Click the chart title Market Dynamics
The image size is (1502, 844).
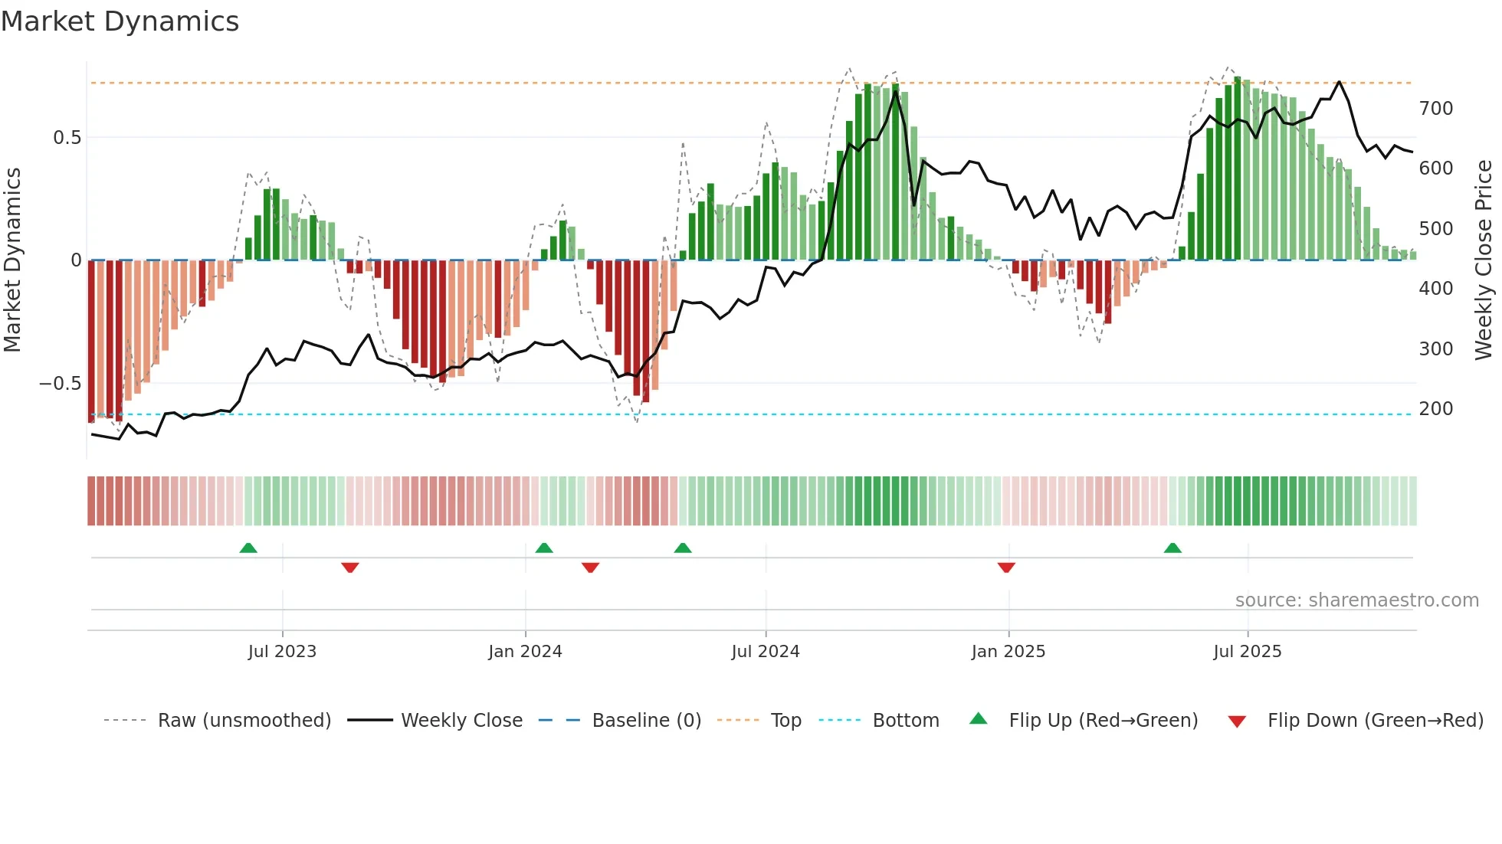click(x=120, y=21)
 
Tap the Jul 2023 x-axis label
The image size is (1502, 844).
click(x=282, y=652)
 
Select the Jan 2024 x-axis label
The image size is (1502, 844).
click(x=525, y=652)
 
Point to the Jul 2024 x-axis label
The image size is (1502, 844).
click(x=765, y=652)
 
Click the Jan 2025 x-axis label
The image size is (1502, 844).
click(x=1008, y=652)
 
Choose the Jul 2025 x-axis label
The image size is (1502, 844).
click(x=1247, y=652)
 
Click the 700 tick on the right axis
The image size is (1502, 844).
click(x=1436, y=109)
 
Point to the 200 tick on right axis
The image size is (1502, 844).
click(x=1436, y=409)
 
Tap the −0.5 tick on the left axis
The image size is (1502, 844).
click(x=60, y=384)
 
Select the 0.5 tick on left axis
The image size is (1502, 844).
click(x=67, y=138)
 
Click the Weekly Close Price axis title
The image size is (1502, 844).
click(x=1484, y=260)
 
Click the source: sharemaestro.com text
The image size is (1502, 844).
click(x=1356, y=600)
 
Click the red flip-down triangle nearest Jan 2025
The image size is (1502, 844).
click(x=1006, y=568)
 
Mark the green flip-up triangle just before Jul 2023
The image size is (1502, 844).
click(x=248, y=548)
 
